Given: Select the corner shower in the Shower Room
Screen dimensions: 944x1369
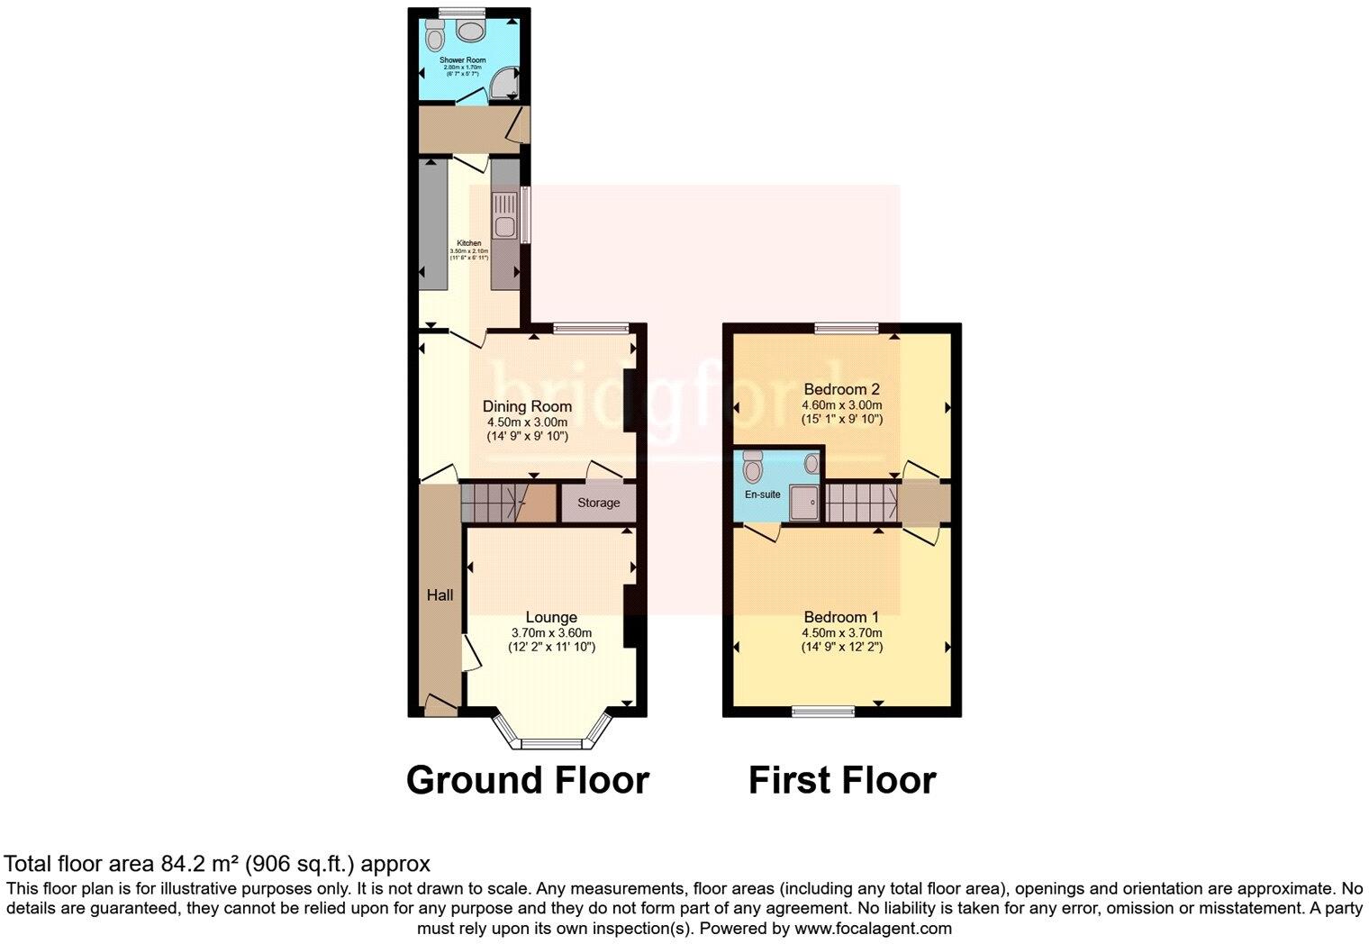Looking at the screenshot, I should coord(506,85).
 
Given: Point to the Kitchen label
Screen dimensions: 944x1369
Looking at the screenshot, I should coord(468,243).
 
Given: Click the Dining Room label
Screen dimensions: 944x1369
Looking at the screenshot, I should coord(527,406).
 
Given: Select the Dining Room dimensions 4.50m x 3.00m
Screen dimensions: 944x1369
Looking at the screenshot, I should coord(527,422).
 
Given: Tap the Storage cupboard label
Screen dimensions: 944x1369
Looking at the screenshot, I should coord(598,503).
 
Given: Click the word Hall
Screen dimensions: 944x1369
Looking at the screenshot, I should coord(440,595).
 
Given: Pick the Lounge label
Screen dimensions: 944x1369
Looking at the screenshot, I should coord(551,617).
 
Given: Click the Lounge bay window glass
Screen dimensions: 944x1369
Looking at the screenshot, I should coord(552,744).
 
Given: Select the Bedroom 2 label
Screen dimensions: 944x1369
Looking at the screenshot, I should coord(841,389).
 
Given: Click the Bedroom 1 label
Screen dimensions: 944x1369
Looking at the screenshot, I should coord(841,617).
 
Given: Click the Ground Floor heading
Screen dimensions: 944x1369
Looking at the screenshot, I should coord(527,780).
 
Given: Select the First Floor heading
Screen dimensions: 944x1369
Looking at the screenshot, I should coord(842,780).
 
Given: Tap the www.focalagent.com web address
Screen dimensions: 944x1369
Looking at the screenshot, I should coord(873,928).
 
